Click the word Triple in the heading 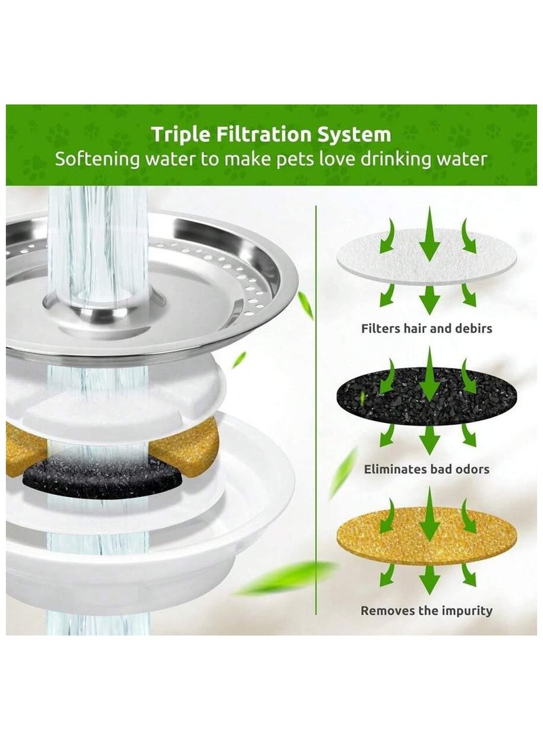pyautogui.click(x=179, y=133)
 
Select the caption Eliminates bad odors pyautogui.click(x=427, y=468)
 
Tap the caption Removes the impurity pyautogui.click(x=427, y=611)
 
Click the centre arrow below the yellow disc pyautogui.click(x=428, y=578)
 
